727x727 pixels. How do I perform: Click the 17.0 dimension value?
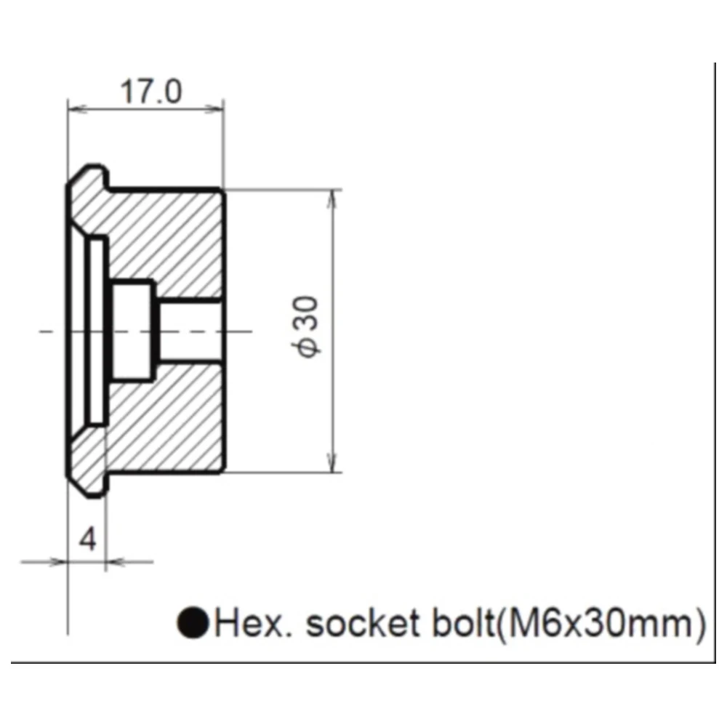tap(150, 92)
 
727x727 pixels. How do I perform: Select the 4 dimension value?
tap(88, 539)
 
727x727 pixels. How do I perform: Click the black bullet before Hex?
tap(193, 623)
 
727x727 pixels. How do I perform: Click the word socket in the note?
tap(363, 623)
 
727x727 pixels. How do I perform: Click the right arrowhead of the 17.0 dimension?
tap(214, 110)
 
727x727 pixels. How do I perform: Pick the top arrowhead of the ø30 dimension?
tap(331, 199)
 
